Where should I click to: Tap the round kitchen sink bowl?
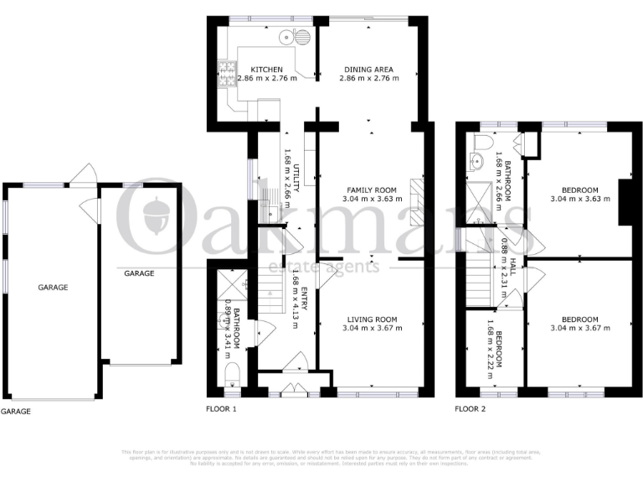pos(287,36)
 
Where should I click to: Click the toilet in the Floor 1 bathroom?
pos(230,373)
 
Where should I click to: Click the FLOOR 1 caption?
pos(222,410)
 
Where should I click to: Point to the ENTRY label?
pos(305,299)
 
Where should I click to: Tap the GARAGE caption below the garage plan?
pos(17,412)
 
